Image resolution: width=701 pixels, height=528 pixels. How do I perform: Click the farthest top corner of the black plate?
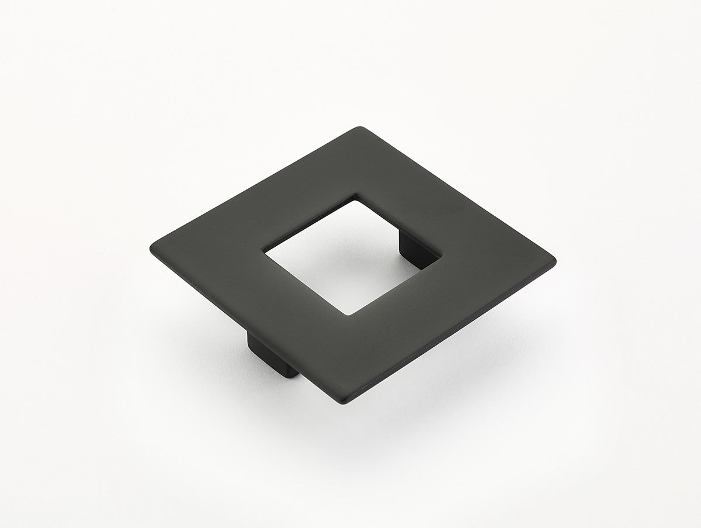click(361, 128)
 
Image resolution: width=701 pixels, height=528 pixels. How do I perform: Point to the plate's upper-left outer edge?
click(257, 187)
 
